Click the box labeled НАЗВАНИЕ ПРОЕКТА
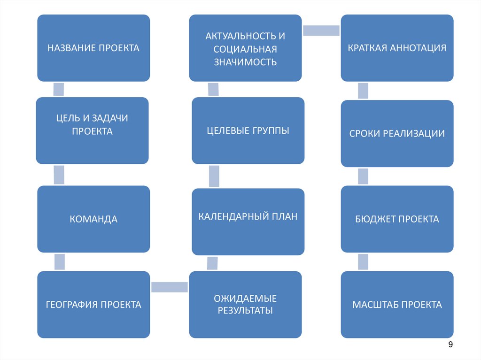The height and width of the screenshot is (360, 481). pyautogui.click(x=93, y=48)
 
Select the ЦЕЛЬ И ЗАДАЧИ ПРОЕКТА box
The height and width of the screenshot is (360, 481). pyautogui.click(x=93, y=130)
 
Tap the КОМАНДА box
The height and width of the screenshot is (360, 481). pyautogui.click(x=93, y=219)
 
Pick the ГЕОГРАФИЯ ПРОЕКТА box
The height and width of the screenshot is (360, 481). pyautogui.click(x=93, y=305)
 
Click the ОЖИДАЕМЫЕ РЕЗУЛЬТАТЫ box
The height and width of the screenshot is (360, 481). pyautogui.click(x=245, y=304)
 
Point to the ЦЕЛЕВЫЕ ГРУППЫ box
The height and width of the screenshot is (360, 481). pyautogui.click(x=248, y=130)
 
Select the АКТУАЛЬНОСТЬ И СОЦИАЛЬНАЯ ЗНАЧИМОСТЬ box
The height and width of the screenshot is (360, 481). pyautogui.click(x=245, y=48)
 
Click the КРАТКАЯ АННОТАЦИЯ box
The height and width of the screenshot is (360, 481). pyautogui.click(x=397, y=48)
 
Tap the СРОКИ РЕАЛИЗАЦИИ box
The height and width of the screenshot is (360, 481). pyautogui.click(x=397, y=133)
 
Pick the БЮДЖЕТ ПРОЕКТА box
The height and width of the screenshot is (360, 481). pyautogui.click(x=397, y=219)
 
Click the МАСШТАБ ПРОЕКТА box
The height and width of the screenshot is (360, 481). pyautogui.click(x=397, y=305)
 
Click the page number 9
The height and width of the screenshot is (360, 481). pyautogui.click(x=450, y=345)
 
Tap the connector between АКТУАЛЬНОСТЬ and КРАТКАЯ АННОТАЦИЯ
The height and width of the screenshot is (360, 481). pyautogui.click(x=321, y=31)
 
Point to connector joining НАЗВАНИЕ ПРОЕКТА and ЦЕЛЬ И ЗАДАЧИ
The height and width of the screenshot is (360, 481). pyautogui.click(x=59, y=89)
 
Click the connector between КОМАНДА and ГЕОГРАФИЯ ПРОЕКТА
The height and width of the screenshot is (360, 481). pyautogui.click(x=59, y=261)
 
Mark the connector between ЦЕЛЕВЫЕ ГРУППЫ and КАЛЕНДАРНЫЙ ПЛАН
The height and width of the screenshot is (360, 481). pyautogui.click(x=214, y=176)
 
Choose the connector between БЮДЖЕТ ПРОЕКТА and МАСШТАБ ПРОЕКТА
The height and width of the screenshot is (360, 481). pyautogui.click(x=363, y=261)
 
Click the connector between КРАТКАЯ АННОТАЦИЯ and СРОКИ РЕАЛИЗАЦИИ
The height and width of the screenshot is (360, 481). pyautogui.click(x=363, y=91)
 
